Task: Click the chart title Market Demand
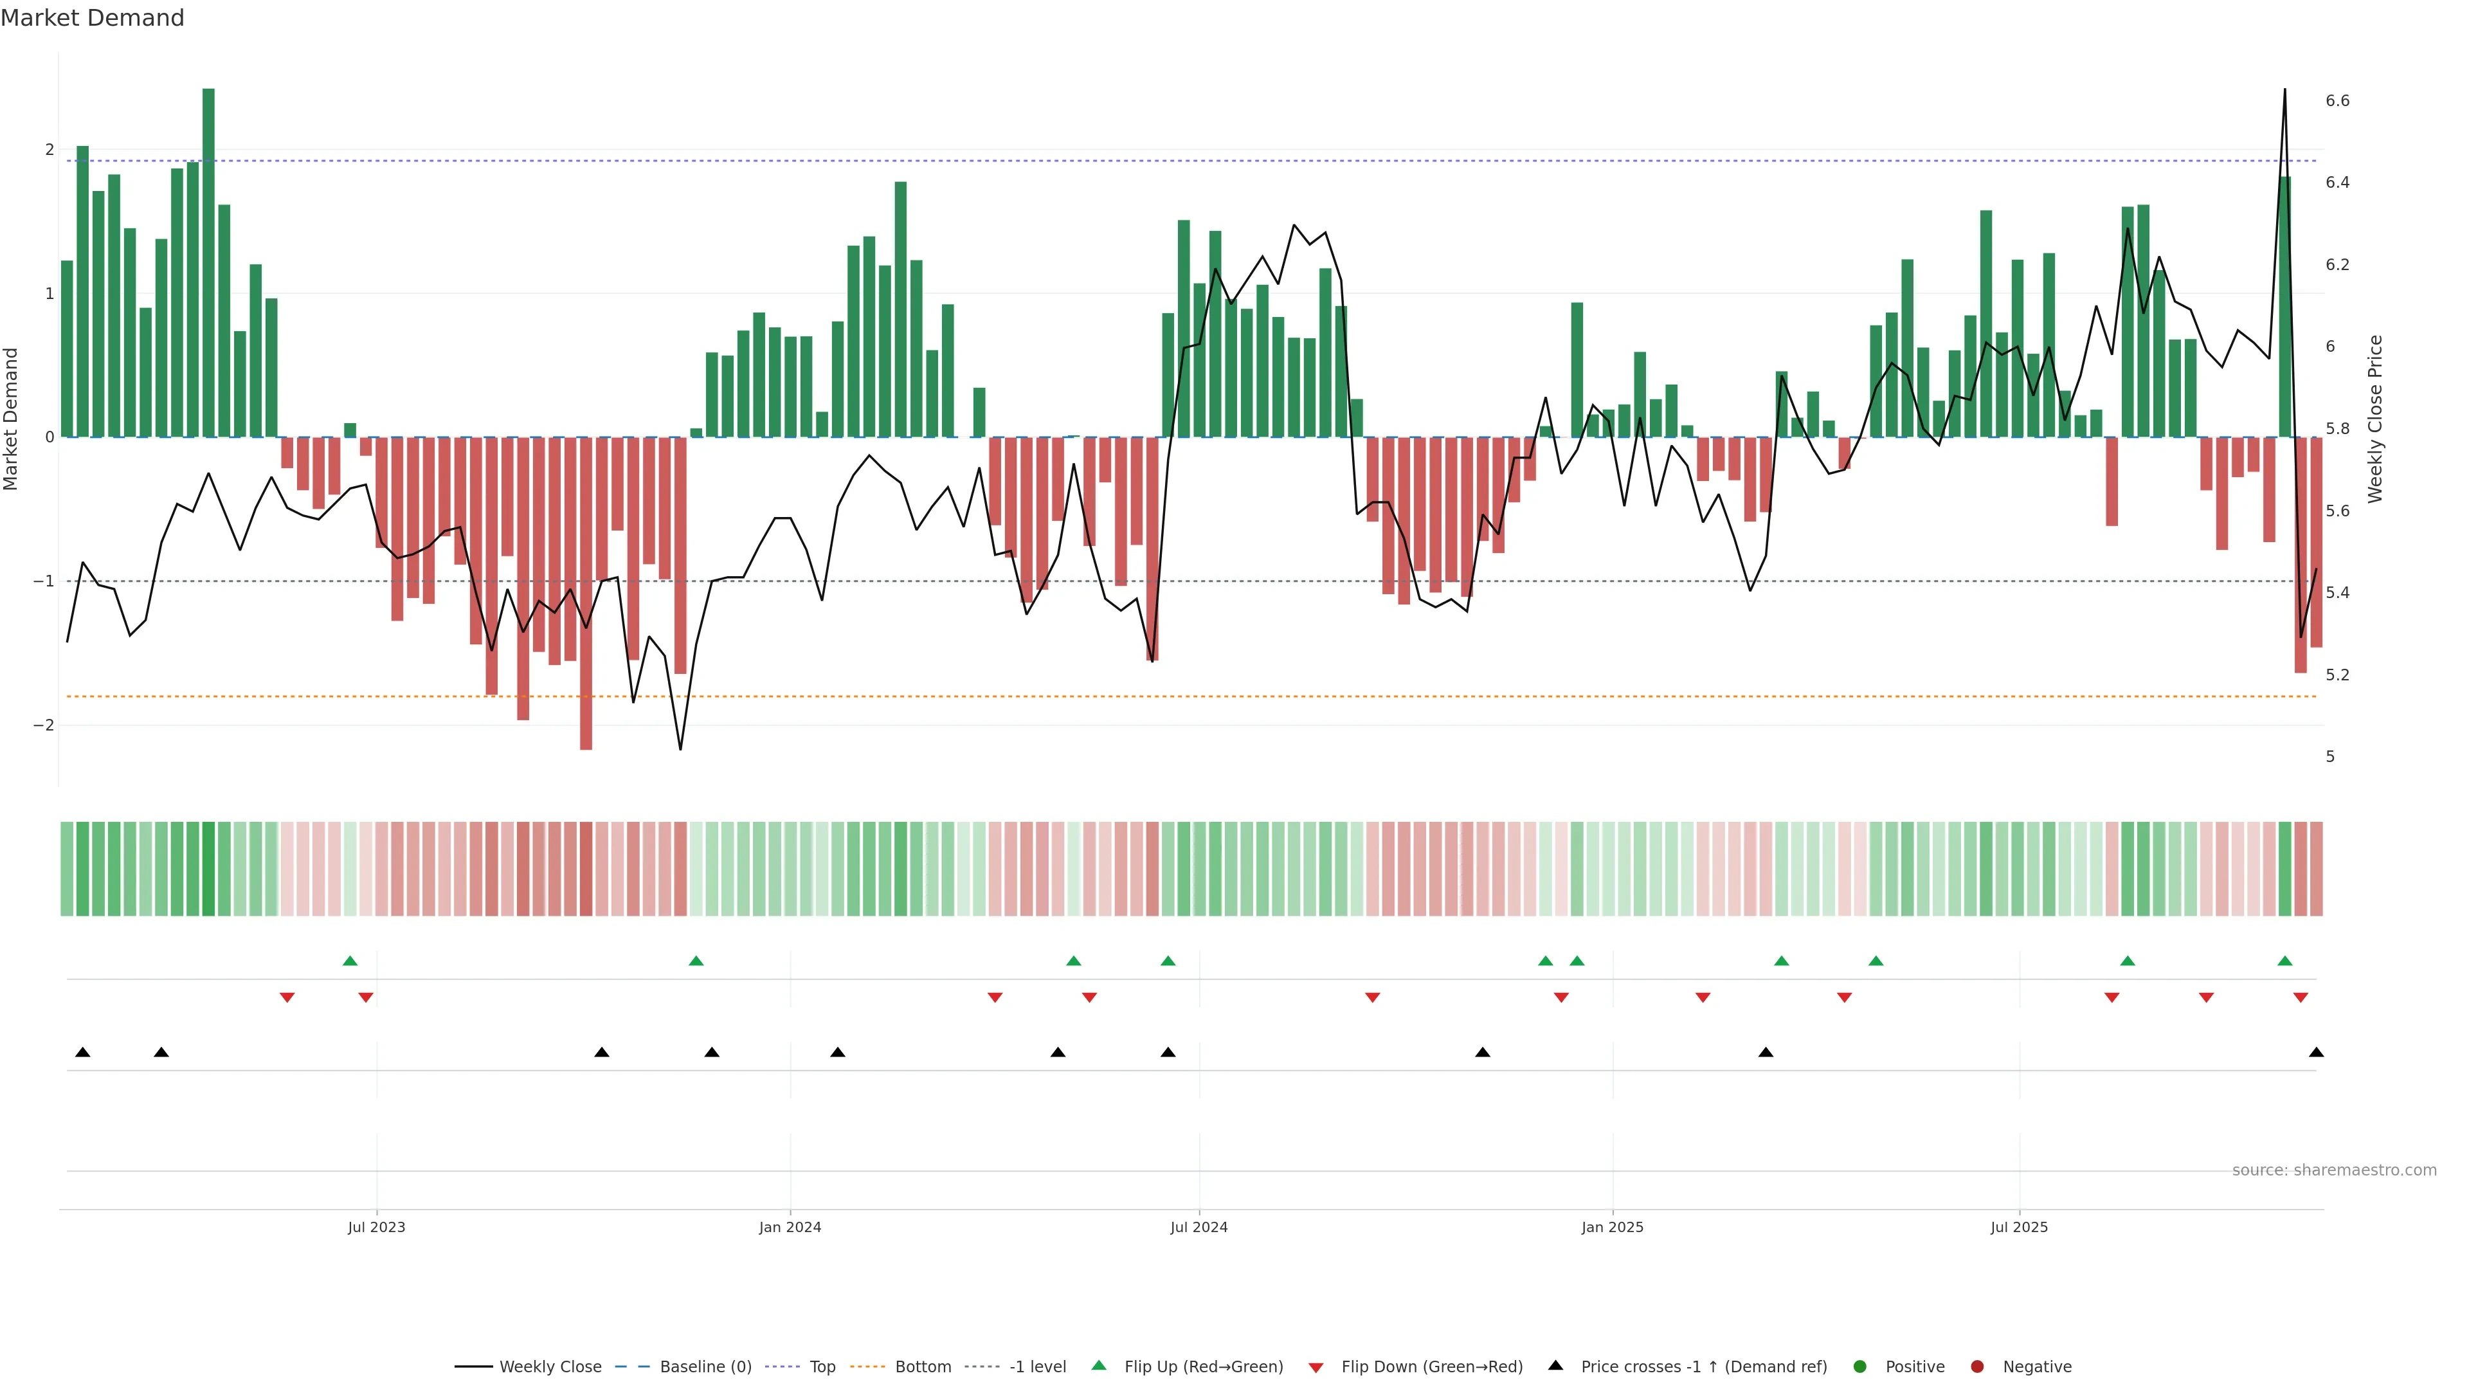click(92, 18)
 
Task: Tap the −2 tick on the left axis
click(44, 725)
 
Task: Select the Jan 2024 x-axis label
click(790, 1227)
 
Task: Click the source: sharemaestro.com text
click(2334, 1170)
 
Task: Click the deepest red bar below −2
click(586, 594)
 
